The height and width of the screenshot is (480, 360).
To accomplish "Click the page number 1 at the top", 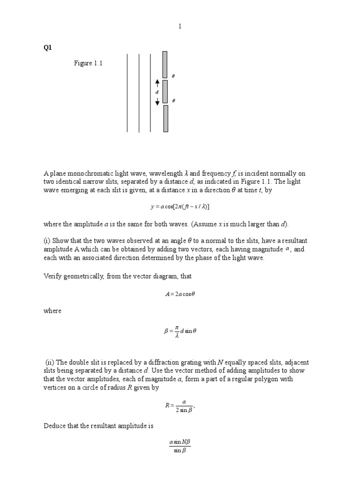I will pos(180,27).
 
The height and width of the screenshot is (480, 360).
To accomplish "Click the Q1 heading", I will pos(46,47).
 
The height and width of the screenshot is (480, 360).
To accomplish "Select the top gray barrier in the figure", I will pos(165,64).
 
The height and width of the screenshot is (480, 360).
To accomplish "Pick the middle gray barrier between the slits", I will pos(165,91).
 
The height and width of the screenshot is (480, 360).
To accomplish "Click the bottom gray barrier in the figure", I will pos(165,118).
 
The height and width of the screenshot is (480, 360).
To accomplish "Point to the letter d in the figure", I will pos(157,92).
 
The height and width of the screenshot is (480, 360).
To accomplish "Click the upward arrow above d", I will pos(157,84).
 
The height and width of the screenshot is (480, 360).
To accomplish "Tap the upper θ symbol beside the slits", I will pos(173,76).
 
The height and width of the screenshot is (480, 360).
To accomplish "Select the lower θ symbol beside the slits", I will pos(173,101).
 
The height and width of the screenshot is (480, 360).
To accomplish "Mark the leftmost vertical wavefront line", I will pos(127,92).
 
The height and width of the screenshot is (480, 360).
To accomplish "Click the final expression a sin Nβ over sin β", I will pos(180,446).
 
